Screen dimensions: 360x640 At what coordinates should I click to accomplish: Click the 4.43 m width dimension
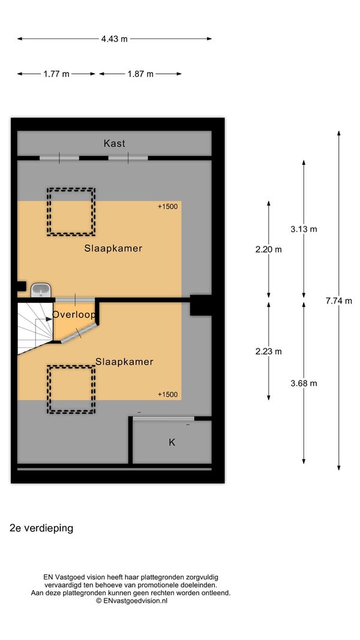[114, 39]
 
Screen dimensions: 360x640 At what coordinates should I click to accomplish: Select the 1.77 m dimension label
[56, 74]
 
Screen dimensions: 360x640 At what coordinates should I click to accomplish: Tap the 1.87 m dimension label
[140, 74]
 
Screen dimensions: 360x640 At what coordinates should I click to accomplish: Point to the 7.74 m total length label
[339, 301]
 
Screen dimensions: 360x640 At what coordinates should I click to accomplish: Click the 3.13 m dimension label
[304, 229]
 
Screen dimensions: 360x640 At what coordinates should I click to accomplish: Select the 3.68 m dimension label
[304, 383]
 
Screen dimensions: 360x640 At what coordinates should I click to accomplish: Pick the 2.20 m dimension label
[269, 250]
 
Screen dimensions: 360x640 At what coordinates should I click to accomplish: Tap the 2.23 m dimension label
[269, 351]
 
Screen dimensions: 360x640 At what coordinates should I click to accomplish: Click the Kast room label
[114, 144]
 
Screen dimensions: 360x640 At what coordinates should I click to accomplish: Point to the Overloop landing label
[74, 315]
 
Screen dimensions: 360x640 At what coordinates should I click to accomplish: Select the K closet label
[172, 442]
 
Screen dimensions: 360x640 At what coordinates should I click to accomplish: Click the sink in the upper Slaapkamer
[41, 290]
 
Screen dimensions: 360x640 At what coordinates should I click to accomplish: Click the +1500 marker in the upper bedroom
[168, 206]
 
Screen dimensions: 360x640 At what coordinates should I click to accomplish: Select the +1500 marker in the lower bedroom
[168, 394]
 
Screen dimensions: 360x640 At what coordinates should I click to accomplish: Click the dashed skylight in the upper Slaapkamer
[71, 212]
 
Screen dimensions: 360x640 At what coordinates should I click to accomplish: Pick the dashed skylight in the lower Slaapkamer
[71, 389]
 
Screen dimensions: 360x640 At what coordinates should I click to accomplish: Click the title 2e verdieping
[41, 528]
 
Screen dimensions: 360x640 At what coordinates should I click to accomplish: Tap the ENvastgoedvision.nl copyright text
[131, 601]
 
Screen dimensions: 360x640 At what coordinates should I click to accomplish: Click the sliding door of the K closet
[164, 418]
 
